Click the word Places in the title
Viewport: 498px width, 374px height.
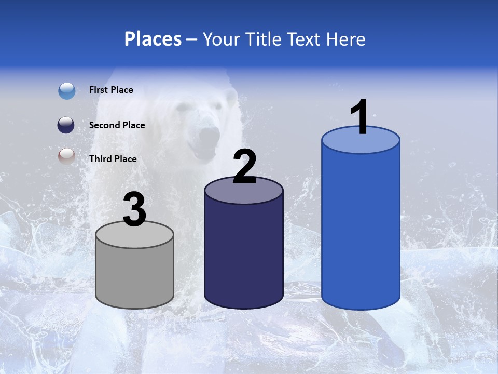[153, 39]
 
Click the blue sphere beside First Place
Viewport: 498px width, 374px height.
[67, 90]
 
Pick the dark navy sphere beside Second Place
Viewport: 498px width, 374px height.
[66, 125]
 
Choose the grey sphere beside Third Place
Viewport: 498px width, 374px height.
[66, 156]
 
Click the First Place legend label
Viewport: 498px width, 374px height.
[111, 90]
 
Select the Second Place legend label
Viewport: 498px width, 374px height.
[117, 125]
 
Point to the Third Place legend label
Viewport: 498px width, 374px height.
[113, 159]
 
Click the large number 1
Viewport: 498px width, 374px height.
[360, 117]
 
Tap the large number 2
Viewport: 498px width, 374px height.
[244, 167]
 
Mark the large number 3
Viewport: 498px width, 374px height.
[135, 210]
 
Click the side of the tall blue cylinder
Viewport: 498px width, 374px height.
[361, 229]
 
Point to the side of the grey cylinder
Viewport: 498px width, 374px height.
[135, 275]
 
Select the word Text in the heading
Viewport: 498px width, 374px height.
[303, 39]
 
